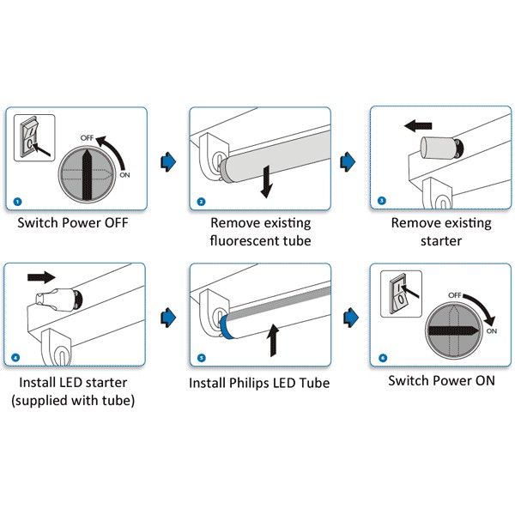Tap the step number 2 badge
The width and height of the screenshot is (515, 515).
(x=201, y=202)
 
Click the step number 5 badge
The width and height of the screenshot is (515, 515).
(x=201, y=356)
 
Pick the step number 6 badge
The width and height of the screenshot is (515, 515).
(x=381, y=356)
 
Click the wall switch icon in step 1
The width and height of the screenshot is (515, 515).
(x=33, y=137)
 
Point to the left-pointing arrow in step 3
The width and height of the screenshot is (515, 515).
(x=418, y=126)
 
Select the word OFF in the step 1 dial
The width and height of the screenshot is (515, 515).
(x=88, y=137)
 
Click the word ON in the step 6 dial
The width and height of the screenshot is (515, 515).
(x=491, y=330)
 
